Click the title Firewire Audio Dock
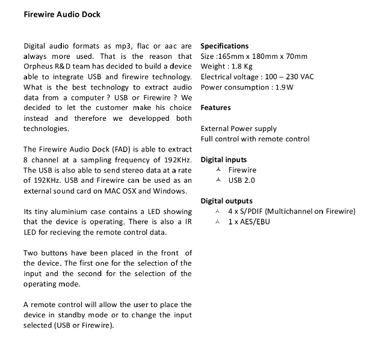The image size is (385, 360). (62, 14)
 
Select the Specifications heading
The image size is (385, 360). (224, 46)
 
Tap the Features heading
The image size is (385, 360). (215, 108)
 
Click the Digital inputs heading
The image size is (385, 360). (223, 160)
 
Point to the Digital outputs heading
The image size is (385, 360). (226, 201)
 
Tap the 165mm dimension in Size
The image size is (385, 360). (235, 56)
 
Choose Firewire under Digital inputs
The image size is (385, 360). (242, 170)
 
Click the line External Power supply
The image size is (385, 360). (239, 129)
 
